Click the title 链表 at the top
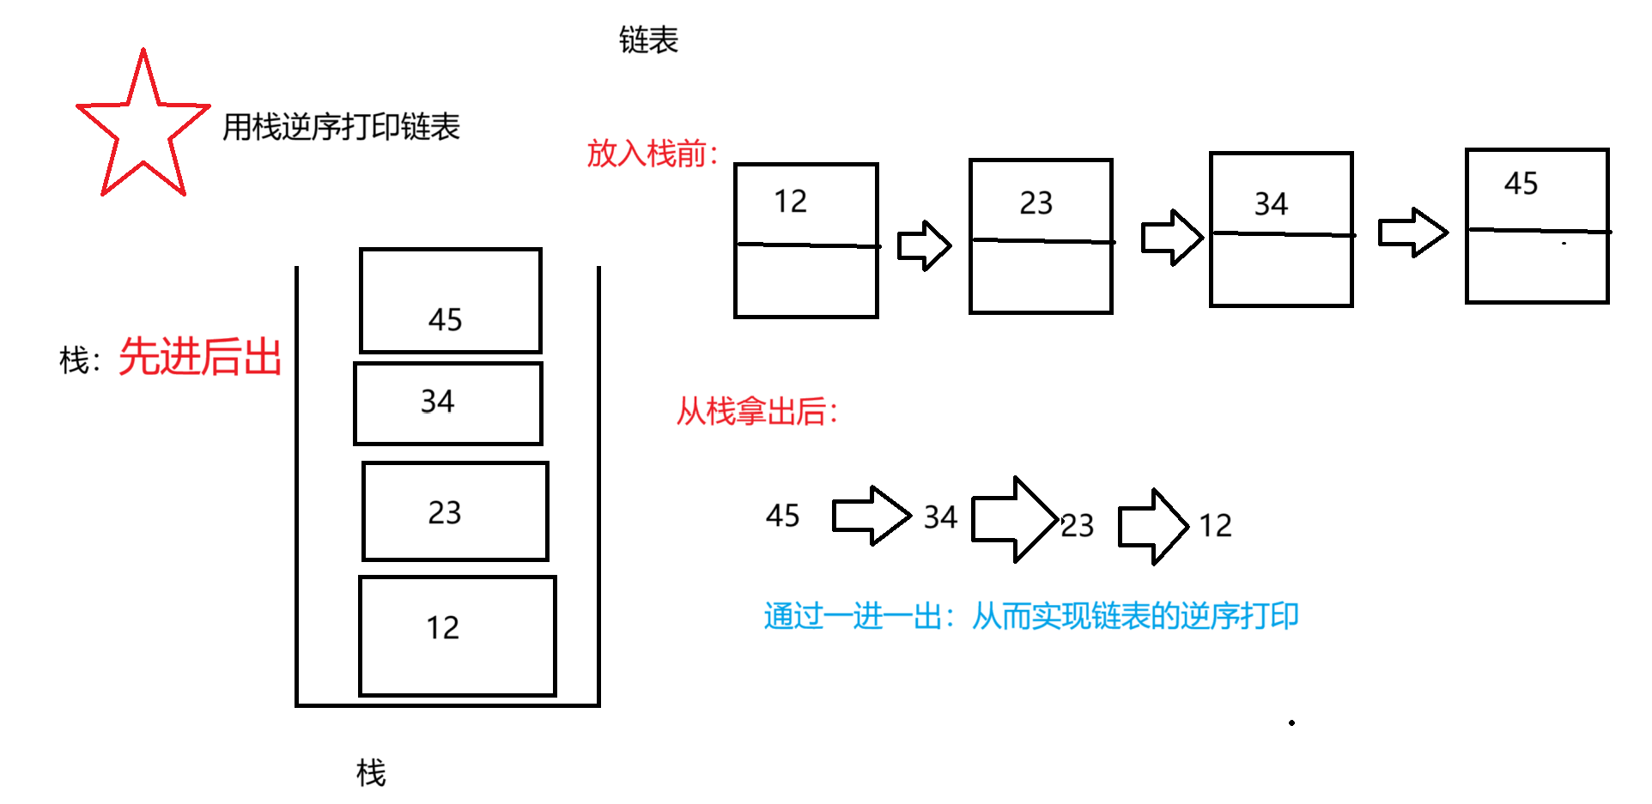pyautogui.click(x=648, y=39)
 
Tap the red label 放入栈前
pyautogui.click(x=652, y=154)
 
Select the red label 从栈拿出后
pyautogui.click(x=756, y=411)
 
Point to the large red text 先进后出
pyautogui.click(x=200, y=357)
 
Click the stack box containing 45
pyautogui.click(x=451, y=300)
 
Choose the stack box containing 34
pyautogui.click(x=448, y=403)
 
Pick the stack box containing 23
pyautogui.click(x=455, y=511)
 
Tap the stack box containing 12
pyautogui.click(x=458, y=636)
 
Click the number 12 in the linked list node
pyautogui.click(x=790, y=202)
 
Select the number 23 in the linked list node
pyautogui.click(x=1036, y=203)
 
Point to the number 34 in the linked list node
pyautogui.click(x=1271, y=204)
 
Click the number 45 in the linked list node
pyautogui.click(x=1521, y=184)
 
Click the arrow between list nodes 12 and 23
pyautogui.click(x=924, y=246)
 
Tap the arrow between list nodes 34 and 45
pyautogui.click(x=1412, y=233)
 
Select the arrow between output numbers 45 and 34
pyautogui.click(x=871, y=516)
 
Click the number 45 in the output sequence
pyautogui.click(x=782, y=516)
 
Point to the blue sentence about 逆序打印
pyautogui.click(x=1030, y=616)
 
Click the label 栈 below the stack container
pyautogui.click(x=371, y=773)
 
